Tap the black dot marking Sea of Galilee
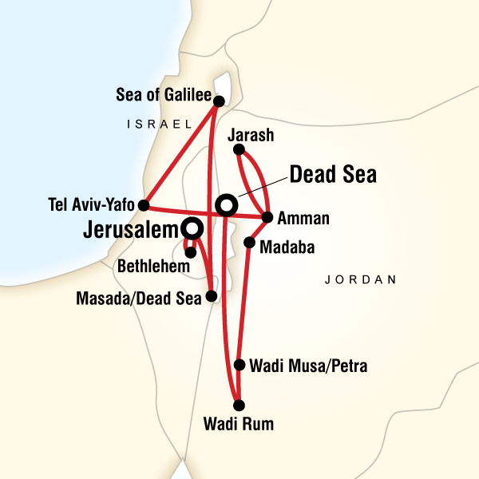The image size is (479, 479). pyautogui.click(x=218, y=100)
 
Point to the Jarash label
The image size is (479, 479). pyautogui.click(x=251, y=136)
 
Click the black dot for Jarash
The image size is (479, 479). pyautogui.click(x=239, y=148)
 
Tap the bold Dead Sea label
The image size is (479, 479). pyautogui.click(x=332, y=175)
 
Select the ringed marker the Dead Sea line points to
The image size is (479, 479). pyautogui.click(x=227, y=206)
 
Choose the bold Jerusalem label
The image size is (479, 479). pyautogui.click(x=130, y=231)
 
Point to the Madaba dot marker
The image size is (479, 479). pyautogui.click(x=249, y=242)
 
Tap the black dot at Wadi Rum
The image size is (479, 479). pyautogui.click(x=237, y=405)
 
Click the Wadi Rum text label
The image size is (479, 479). pyautogui.click(x=237, y=425)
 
